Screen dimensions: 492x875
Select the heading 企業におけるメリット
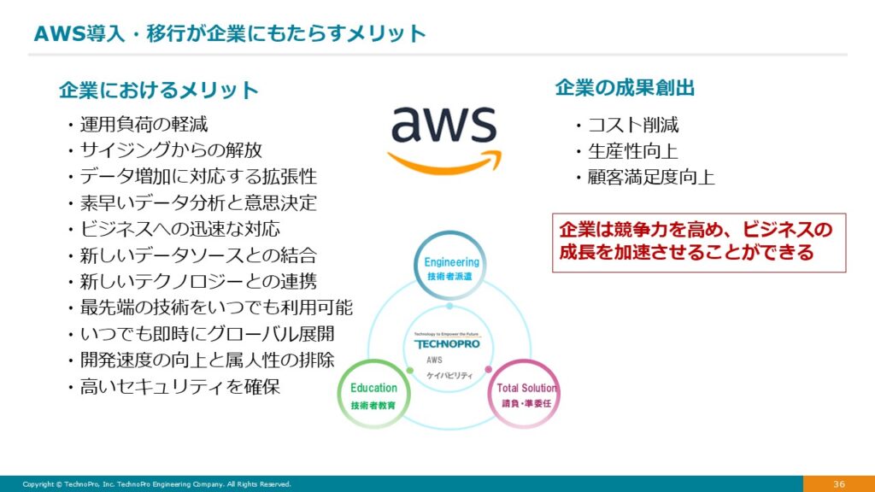pyautogui.click(x=158, y=90)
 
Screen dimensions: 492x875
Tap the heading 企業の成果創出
pyautogui.click(x=625, y=87)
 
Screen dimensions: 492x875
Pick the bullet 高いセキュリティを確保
pyautogui.click(x=179, y=386)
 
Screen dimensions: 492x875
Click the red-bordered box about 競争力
pyautogui.click(x=698, y=243)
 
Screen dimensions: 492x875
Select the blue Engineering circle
pyautogui.click(x=450, y=268)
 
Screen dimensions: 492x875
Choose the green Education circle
pyautogui.click(x=373, y=395)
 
